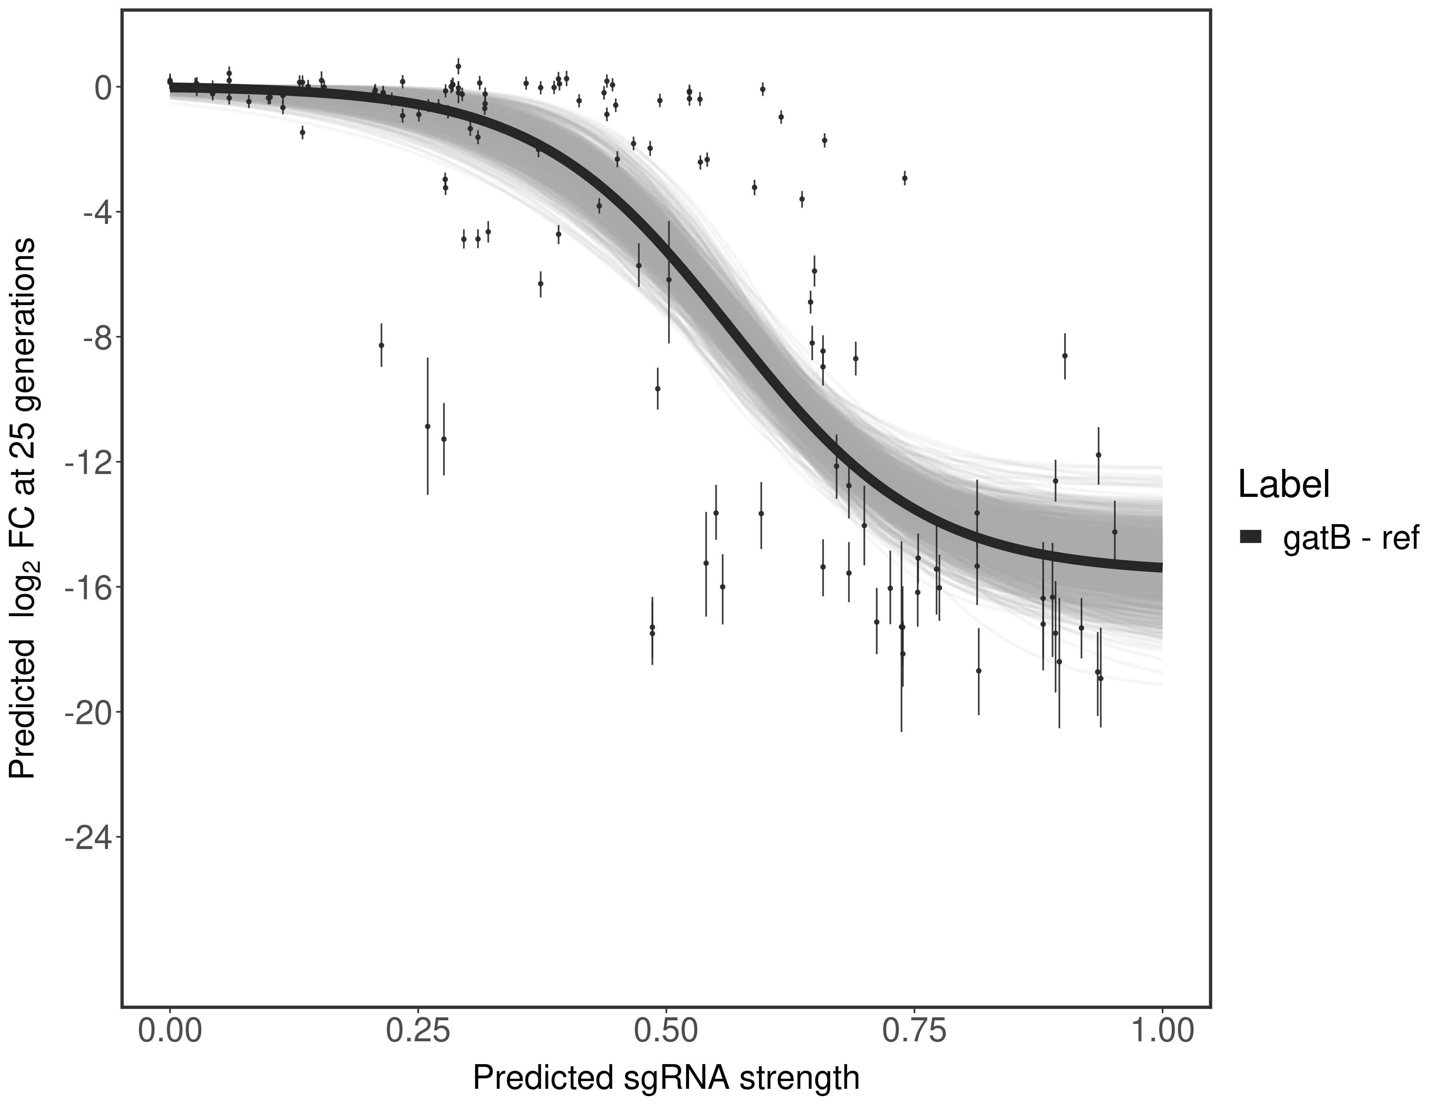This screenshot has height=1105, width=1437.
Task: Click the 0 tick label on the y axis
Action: click(103, 88)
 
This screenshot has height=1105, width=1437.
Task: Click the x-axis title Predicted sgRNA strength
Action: click(666, 1079)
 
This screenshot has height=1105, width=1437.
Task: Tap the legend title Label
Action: click(1284, 485)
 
